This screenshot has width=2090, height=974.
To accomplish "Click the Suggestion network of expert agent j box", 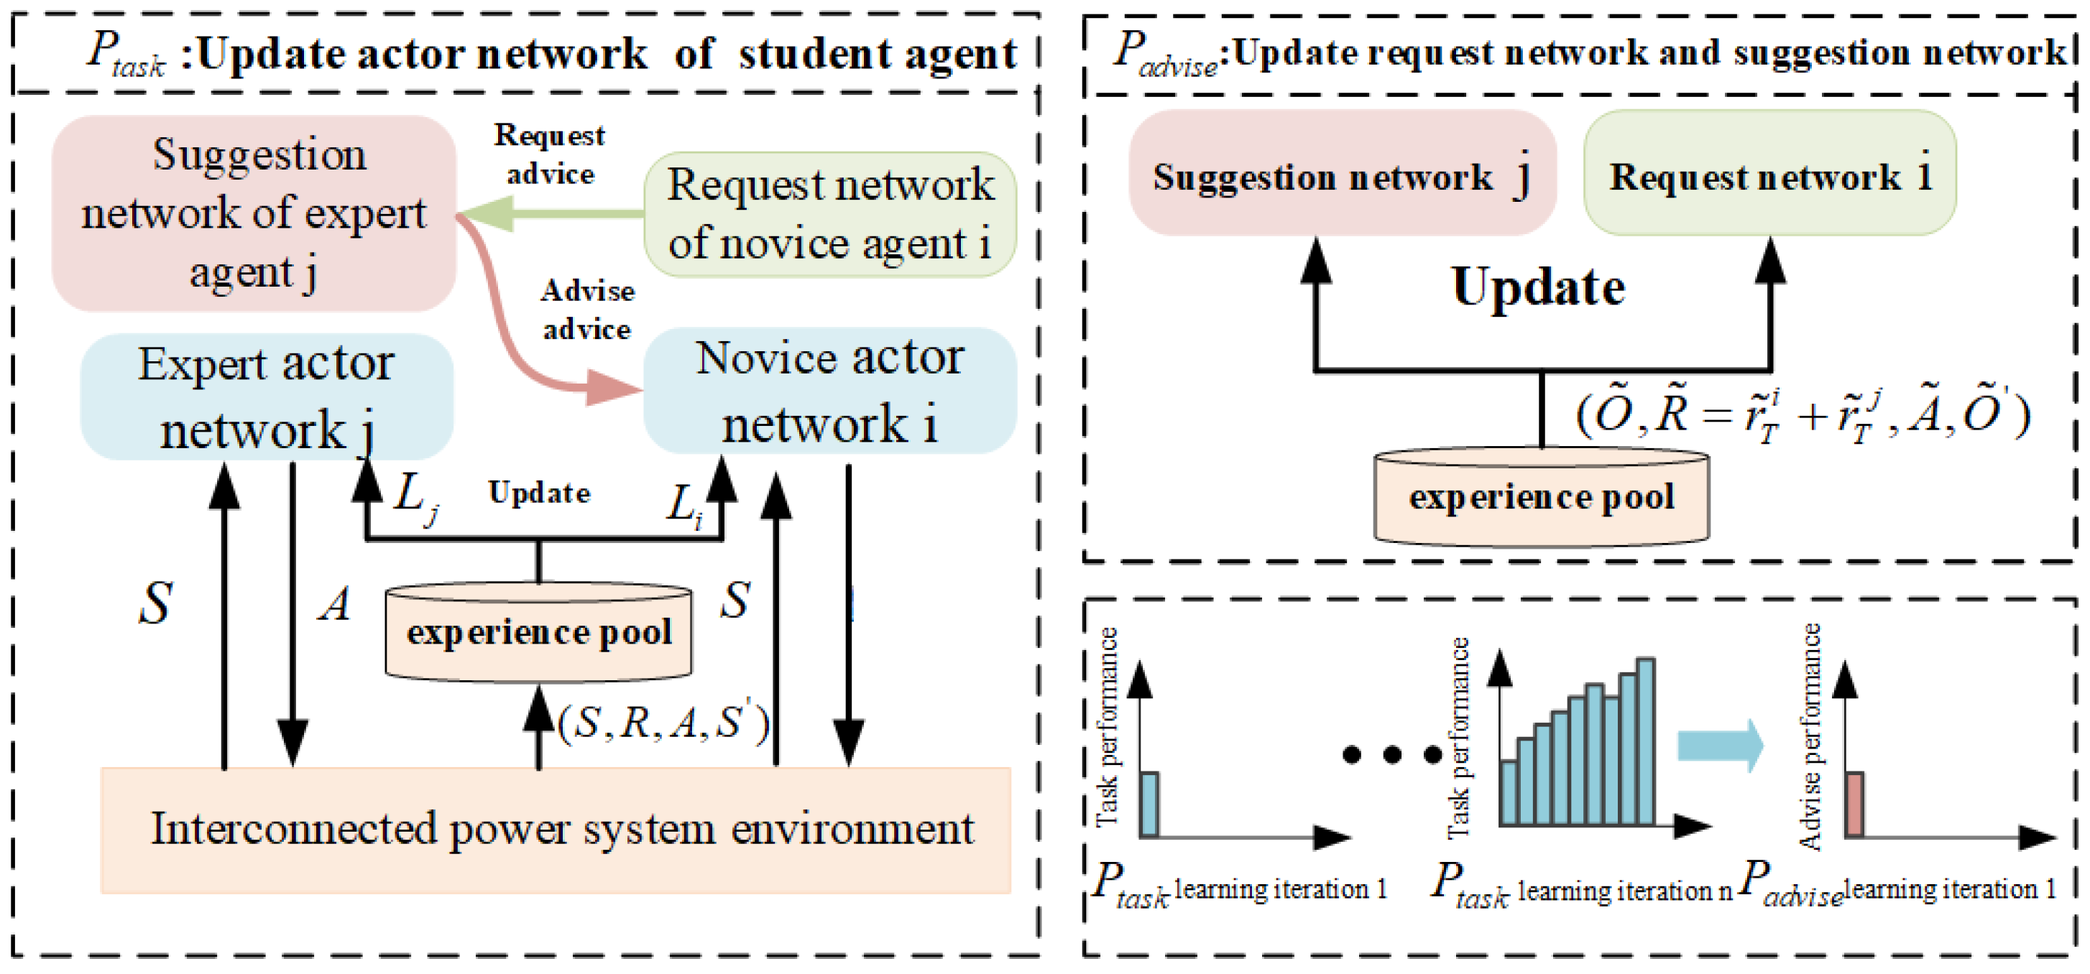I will pos(253,214).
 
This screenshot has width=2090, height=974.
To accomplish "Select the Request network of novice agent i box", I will pos(829,215).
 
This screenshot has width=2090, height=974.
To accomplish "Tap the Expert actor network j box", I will pos(266,396).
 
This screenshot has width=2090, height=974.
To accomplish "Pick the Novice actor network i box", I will pos(829,391).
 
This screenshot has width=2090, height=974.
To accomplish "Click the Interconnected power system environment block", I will pos(555,830).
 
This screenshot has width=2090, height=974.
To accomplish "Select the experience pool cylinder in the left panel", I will pos(539,632).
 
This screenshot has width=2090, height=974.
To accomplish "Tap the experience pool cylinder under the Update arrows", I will pos(1541,497).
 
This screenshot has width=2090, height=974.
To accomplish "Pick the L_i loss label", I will pos(684,505).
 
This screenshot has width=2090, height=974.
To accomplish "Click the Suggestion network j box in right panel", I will pos(1342,175).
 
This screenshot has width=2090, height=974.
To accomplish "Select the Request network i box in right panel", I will pos(1769,175).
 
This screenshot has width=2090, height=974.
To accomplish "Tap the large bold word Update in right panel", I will pos(1537,287).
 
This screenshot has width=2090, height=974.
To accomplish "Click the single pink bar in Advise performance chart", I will pos(1853,804).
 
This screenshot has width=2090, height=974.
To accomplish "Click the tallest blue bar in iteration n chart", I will pos(1644,742).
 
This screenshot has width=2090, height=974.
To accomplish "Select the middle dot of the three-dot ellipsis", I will pos(1391,755).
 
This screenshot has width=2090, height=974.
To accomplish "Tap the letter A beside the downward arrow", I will pos(333,605).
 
